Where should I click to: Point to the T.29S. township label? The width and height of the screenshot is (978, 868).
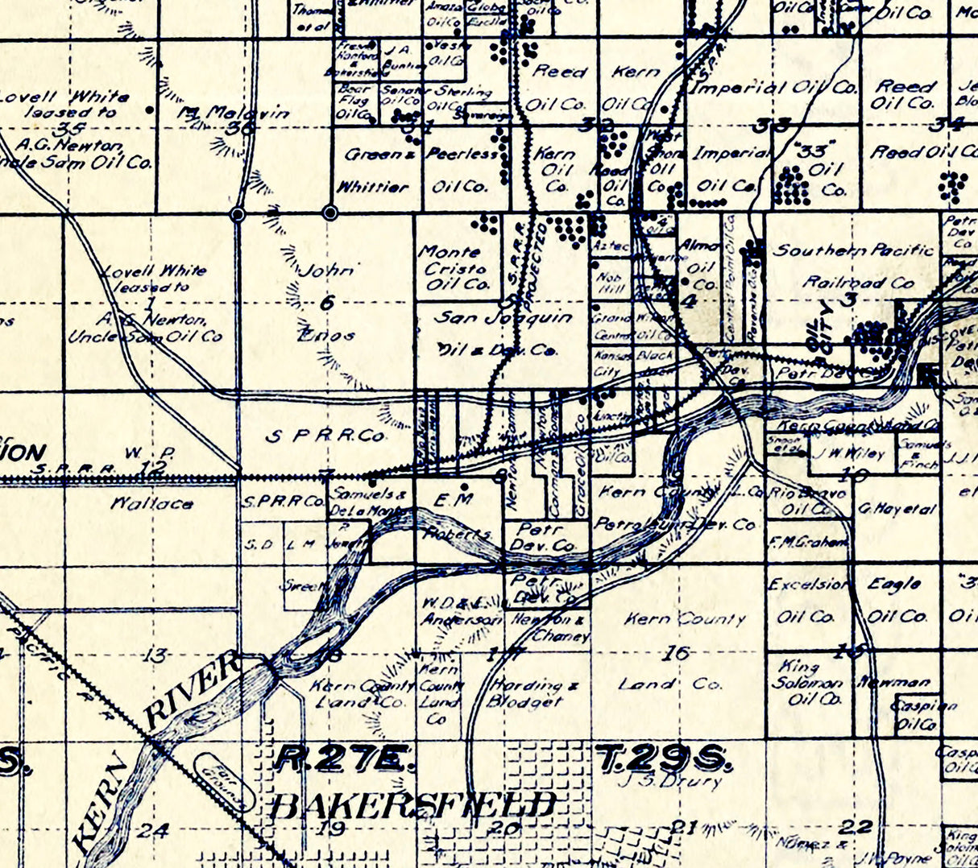tap(664, 758)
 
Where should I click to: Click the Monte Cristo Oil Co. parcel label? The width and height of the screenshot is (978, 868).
tap(454, 268)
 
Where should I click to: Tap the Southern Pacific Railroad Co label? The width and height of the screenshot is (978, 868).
tap(854, 266)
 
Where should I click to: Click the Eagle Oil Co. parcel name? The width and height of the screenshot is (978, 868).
tap(896, 601)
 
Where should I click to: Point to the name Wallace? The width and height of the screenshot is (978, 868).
tap(152, 504)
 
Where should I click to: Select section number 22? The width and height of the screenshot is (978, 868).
tap(855, 826)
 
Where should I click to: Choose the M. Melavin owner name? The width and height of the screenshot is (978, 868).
tap(233, 114)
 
